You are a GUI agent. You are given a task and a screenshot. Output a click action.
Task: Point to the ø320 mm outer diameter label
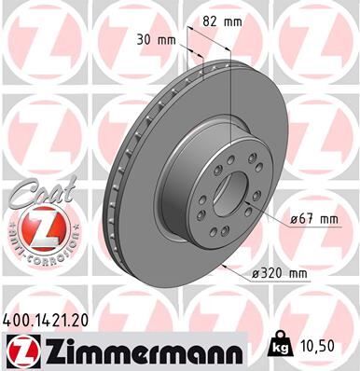point(281,272)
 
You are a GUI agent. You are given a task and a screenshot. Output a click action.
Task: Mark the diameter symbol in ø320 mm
point(256,272)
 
